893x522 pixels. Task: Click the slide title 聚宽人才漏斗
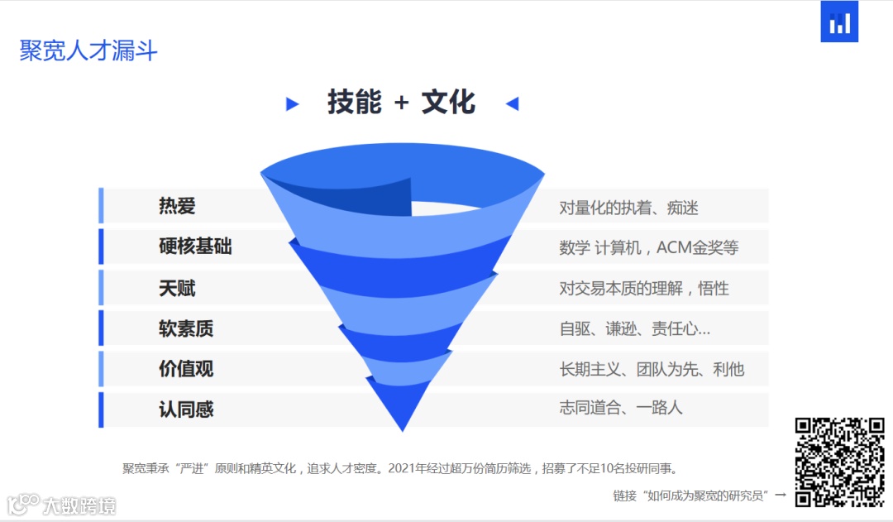88,50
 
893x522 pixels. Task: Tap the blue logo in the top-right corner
839,22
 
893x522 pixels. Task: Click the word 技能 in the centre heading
355,103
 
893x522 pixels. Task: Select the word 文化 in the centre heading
448,103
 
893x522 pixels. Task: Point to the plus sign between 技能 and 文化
402,103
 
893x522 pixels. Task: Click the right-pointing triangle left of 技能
292,104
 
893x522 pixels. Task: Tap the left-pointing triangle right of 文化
512,104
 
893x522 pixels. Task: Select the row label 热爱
177,206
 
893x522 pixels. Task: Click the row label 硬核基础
195,247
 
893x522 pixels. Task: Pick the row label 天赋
177,288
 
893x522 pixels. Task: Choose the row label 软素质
186,328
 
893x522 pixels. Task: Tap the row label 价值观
186,369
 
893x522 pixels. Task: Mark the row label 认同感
186,409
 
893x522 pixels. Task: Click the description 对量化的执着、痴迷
628,208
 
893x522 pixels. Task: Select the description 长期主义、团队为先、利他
652,369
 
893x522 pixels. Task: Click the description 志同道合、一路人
621,407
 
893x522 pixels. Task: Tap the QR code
839,462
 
